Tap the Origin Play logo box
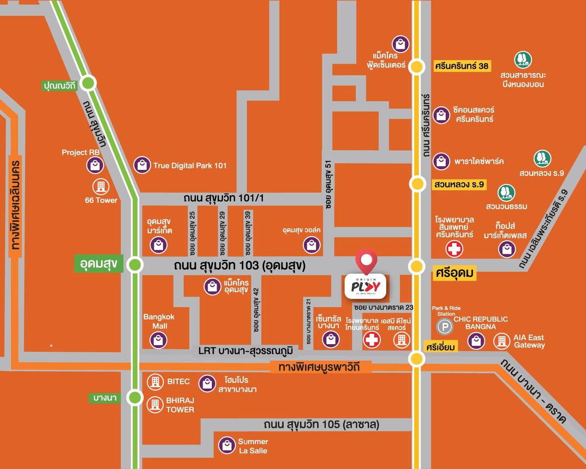click(366, 286)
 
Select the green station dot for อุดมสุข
click(135, 265)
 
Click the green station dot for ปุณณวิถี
click(88, 83)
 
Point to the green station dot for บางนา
click(135, 397)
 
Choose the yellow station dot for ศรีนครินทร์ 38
click(417, 66)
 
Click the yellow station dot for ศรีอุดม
click(417, 266)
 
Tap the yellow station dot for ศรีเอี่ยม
click(417, 359)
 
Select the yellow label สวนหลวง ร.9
click(460, 184)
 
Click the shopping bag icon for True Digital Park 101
click(142, 165)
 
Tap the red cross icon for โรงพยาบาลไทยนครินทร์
click(372, 339)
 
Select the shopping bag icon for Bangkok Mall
click(159, 340)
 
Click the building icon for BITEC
click(155, 382)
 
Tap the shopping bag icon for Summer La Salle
click(226, 445)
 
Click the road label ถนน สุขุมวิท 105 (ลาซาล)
click(321, 424)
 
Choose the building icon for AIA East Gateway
click(502, 341)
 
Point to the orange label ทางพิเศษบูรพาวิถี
click(320, 367)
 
